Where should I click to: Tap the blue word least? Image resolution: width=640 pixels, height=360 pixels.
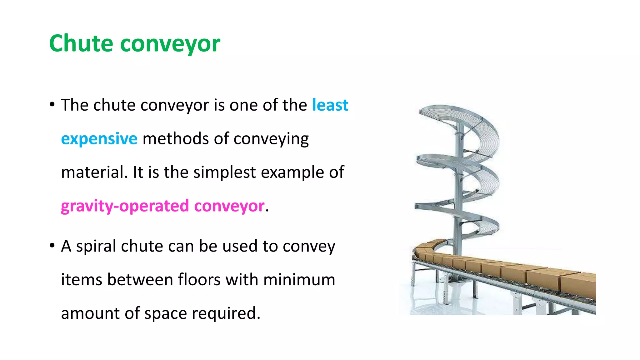330,105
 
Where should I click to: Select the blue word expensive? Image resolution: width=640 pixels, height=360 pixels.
99,139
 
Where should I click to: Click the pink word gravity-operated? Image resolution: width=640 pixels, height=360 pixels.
125,206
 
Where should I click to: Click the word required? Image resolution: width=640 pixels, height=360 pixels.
226,313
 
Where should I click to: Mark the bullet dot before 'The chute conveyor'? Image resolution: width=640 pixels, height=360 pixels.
52,104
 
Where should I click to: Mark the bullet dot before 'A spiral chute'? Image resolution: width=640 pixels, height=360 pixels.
52,245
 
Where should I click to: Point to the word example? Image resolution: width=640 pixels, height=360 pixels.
292,172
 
